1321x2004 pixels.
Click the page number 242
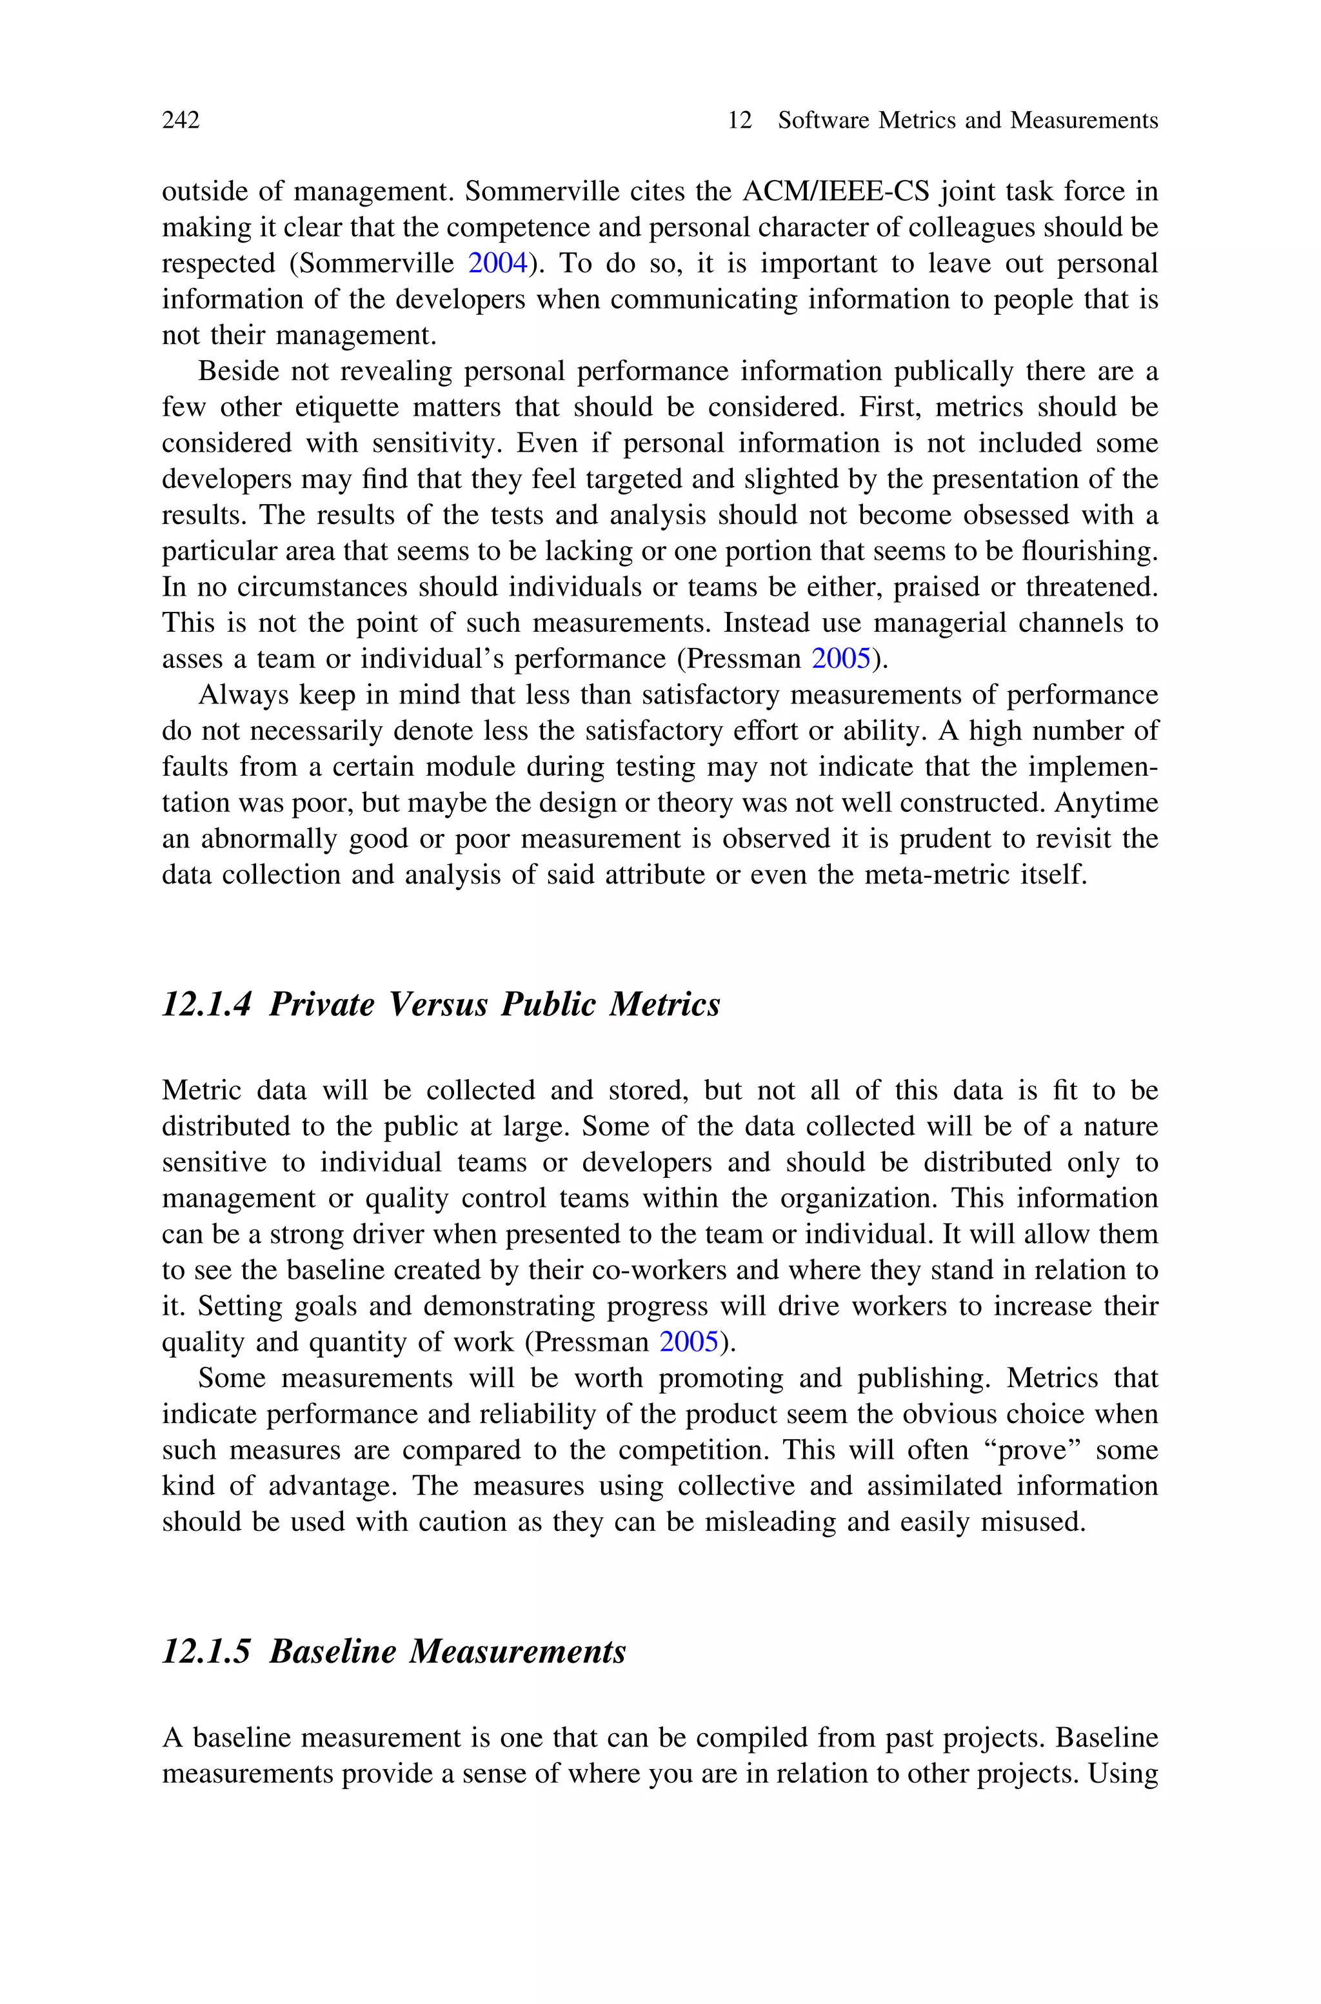click(181, 121)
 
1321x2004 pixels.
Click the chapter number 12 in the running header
click(739, 121)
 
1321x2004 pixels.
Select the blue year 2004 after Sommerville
click(497, 264)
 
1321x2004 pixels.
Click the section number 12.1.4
click(206, 1004)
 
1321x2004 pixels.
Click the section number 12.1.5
click(206, 1651)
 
